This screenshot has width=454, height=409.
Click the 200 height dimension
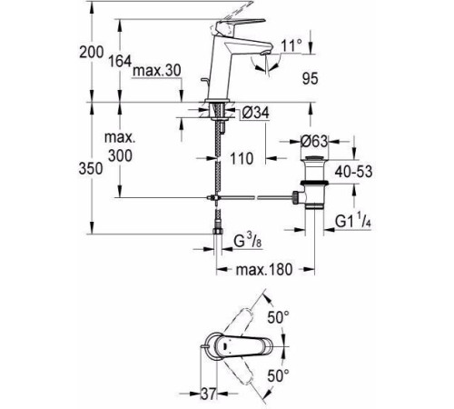coord(91,52)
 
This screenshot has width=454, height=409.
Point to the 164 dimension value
coord(120,62)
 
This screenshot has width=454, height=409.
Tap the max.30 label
coord(157,71)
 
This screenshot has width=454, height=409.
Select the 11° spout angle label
coord(291,45)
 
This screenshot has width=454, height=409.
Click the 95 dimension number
coord(311,79)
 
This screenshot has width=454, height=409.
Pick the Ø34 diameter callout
coord(256,113)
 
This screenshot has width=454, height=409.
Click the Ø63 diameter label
coord(314,141)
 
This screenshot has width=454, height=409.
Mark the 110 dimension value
coord(242,158)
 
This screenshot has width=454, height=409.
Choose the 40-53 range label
coord(353,172)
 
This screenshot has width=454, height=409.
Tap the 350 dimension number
coord(91,168)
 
